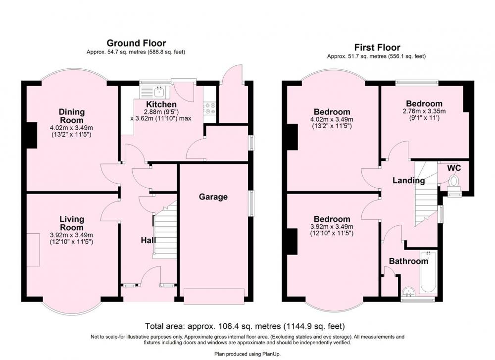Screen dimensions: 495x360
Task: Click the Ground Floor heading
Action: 136,43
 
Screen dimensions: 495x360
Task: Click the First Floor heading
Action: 377,48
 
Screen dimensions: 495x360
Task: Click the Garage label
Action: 213,197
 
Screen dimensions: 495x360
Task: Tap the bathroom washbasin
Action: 409,292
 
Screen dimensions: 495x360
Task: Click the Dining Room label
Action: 72,116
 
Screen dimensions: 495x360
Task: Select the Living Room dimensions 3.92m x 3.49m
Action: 71,235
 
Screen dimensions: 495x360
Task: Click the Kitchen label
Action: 161,104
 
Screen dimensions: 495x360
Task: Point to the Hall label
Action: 148,240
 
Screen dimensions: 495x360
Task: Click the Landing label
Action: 408,180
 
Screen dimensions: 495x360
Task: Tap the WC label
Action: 454,168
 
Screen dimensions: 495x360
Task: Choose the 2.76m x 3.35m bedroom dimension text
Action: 424,111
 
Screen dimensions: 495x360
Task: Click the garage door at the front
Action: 214,296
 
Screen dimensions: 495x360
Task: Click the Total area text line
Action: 245,326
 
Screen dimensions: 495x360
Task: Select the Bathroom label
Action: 408,261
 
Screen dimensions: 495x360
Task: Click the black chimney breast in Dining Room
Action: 32,135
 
